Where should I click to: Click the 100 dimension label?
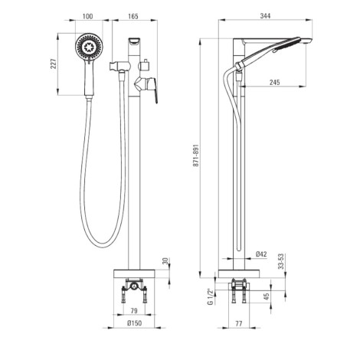coord(87,16)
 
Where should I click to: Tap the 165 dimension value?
coord(133,16)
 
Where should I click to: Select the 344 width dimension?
coord(265,16)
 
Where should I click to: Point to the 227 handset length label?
coord(54,64)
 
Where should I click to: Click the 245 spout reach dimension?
coord(274,82)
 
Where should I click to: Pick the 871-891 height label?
coord(196,155)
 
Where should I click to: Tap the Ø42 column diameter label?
coord(261,254)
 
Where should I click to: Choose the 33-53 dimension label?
coord(281,261)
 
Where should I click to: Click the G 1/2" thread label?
coord(211,297)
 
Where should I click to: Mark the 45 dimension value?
coord(267,296)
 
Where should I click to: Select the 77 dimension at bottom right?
coord(238,323)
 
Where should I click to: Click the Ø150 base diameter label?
coord(134,323)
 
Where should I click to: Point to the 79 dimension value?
coord(134,310)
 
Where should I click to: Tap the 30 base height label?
coord(165,261)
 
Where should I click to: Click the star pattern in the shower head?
coord(89,47)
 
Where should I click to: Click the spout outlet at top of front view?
coord(134,41)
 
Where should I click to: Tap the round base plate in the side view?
coord(239,273)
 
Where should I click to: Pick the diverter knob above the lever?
coord(145,65)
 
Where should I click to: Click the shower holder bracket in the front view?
coord(119,66)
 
